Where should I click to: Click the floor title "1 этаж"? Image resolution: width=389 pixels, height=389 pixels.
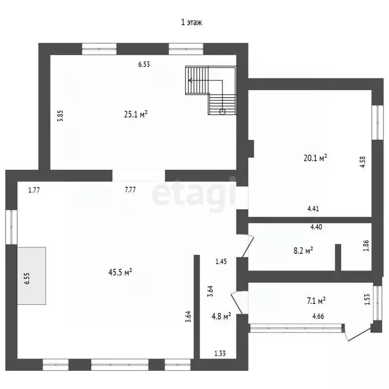click(x=191, y=22)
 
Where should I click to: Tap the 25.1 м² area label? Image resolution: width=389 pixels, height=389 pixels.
click(x=136, y=114)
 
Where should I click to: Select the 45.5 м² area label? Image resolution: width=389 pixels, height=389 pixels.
click(x=120, y=272)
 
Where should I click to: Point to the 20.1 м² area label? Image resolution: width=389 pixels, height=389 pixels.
click(x=316, y=158)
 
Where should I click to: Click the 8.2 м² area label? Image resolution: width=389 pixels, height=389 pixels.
click(x=303, y=250)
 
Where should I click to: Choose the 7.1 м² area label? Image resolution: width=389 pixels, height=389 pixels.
click(x=316, y=301)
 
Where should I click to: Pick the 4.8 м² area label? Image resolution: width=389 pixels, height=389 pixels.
click(x=221, y=316)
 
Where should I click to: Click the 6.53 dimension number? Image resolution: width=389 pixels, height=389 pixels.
click(x=144, y=64)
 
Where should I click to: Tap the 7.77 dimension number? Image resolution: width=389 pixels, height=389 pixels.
click(x=130, y=190)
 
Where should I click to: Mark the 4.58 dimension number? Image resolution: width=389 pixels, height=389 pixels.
click(x=363, y=162)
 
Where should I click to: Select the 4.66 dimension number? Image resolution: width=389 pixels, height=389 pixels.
click(x=318, y=316)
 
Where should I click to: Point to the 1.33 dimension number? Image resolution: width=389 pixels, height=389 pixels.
click(x=220, y=353)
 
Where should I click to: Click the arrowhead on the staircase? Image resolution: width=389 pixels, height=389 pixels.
click(x=190, y=81)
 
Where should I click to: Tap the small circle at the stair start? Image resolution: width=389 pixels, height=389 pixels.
click(x=222, y=111)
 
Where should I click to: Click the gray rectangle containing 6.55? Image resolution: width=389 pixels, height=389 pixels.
click(x=31, y=276)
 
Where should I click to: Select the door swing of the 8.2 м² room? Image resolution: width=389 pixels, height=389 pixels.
click(x=248, y=246)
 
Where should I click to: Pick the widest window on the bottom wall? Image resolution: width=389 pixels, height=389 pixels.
click(x=120, y=365)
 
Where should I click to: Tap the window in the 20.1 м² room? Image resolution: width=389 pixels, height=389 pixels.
click(x=377, y=122)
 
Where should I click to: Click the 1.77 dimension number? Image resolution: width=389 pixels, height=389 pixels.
click(x=34, y=190)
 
